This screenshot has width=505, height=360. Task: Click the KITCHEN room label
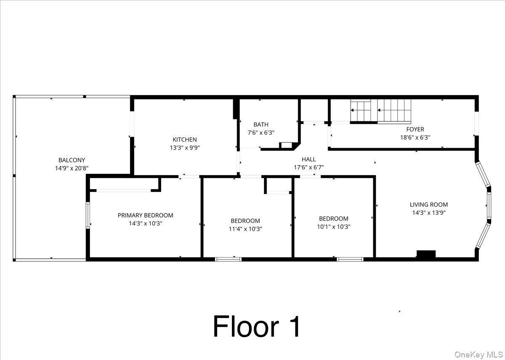(184, 139)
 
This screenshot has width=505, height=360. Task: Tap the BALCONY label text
(72, 160)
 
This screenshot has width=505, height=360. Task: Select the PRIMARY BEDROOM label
(145, 215)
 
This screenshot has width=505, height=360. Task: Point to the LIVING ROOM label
(428, 205)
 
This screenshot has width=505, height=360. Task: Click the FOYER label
(415, 129)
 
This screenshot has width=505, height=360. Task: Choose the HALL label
(308, 159)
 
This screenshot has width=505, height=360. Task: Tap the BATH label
(260, 124)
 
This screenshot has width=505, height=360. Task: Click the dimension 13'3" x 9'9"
(184, 148)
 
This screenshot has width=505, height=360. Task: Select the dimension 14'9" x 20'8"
(72, 168)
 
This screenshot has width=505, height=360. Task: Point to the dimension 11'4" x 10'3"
(245, 229)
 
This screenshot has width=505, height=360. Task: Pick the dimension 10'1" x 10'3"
(333, 227)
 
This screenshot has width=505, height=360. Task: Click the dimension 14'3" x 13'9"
(428, 213)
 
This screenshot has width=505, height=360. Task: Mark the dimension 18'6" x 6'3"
(415, 137)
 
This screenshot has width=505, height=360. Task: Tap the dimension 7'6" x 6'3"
(260, 132)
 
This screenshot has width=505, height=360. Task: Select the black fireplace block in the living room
(426, 254)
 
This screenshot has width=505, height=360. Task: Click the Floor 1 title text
(257, 327)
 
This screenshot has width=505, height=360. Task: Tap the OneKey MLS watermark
(478, 354)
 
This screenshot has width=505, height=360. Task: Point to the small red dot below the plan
(399, 312)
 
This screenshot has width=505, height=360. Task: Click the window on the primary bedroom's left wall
(88, 216)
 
